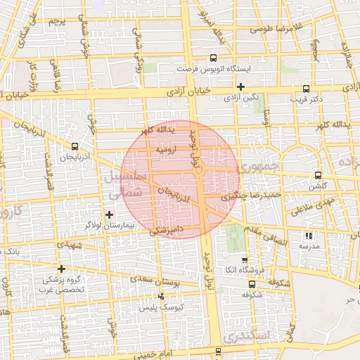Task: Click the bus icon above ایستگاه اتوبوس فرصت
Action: coord(214,59)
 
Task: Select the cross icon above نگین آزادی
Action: coord(240,86)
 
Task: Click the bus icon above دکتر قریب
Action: coord(305,89)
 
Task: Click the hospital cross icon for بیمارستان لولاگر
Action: coord(109,214)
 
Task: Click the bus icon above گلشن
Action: coord(318,175)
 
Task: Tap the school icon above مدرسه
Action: coord(308,236)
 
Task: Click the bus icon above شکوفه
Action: coord(252,285)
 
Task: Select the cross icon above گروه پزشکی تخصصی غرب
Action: coord(62,268)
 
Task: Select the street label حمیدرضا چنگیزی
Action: coord(251,195)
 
